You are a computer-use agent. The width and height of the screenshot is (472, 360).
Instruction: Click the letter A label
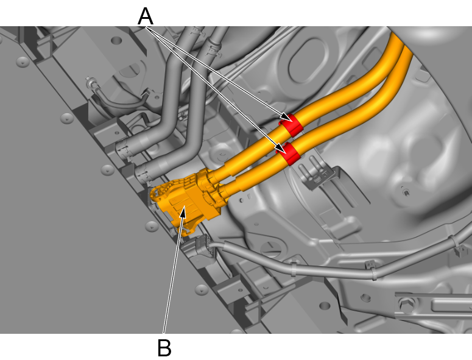(x=146, y=16)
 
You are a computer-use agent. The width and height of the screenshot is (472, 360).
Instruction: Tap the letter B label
(x=164, y=348)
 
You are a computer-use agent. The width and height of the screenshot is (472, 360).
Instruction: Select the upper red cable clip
(x=291, y=125)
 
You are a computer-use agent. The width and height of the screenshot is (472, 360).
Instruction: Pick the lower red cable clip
(x=288, y=154)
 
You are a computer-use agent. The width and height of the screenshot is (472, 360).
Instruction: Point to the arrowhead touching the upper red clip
(x=286, y=118)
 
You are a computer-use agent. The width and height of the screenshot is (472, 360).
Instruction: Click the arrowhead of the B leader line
(x=183, y=213)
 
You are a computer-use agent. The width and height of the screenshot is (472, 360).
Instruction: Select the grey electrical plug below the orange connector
(x=201, y=246)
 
